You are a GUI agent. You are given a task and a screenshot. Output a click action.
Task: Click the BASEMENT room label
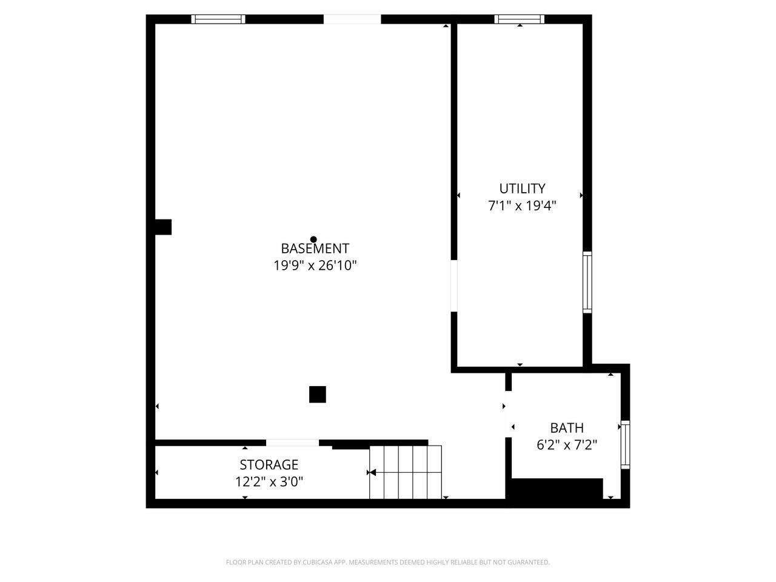pyautogui.click(x=315, y=249)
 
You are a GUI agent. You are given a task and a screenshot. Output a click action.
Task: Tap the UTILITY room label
pyautogui.click(x=522, y=189)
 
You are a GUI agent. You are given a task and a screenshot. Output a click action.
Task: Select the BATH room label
pyautogui.click(x=567, y=428)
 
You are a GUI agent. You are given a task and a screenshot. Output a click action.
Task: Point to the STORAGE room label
pyautogui.click(x=269, y=465)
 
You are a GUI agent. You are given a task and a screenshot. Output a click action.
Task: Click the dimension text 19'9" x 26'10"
pyautogui.click(x=315, y=266)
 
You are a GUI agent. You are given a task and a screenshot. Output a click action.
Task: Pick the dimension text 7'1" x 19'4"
pyautogui.click(x=522, y=206)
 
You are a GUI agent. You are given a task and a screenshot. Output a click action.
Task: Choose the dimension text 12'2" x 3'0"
pyautogui.click(x=269, y=483)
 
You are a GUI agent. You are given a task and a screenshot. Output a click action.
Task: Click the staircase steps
pyautogui.click(x=406, y=472)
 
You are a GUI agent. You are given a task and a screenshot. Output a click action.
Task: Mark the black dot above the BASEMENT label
pyautogui.click(x=313, y=239)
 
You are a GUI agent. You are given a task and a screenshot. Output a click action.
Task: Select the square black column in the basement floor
pyautogui.click(x=318, y=394)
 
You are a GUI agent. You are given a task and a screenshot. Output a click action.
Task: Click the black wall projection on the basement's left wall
pyautogui.click(x=163, y=227)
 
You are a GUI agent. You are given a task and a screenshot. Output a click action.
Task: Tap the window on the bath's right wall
pyautogui.click(x=625, y=444)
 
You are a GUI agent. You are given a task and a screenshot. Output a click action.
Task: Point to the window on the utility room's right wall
pyautogui.click(x=587, y=282)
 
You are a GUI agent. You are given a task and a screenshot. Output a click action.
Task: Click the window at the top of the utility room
pyautogui.click(x=520, y=19)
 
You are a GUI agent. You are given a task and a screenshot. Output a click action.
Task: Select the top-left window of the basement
pyautogui.click(x=218, y=19)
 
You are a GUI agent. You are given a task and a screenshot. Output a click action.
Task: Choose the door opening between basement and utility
pyautogui.click(x=454, y=286)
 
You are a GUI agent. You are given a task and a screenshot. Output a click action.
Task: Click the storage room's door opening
pyautogui.click(x=293, y=443)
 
